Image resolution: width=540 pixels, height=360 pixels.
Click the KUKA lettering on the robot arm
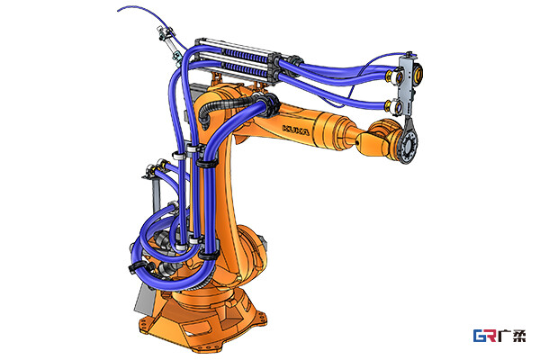point(296,130)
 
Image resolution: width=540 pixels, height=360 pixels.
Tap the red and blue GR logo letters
point(484,335)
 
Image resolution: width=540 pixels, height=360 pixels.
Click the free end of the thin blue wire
point(117,11)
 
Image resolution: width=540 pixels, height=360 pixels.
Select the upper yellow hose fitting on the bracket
point(391,76)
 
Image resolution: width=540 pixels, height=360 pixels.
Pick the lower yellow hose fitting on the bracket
point(391,105)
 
